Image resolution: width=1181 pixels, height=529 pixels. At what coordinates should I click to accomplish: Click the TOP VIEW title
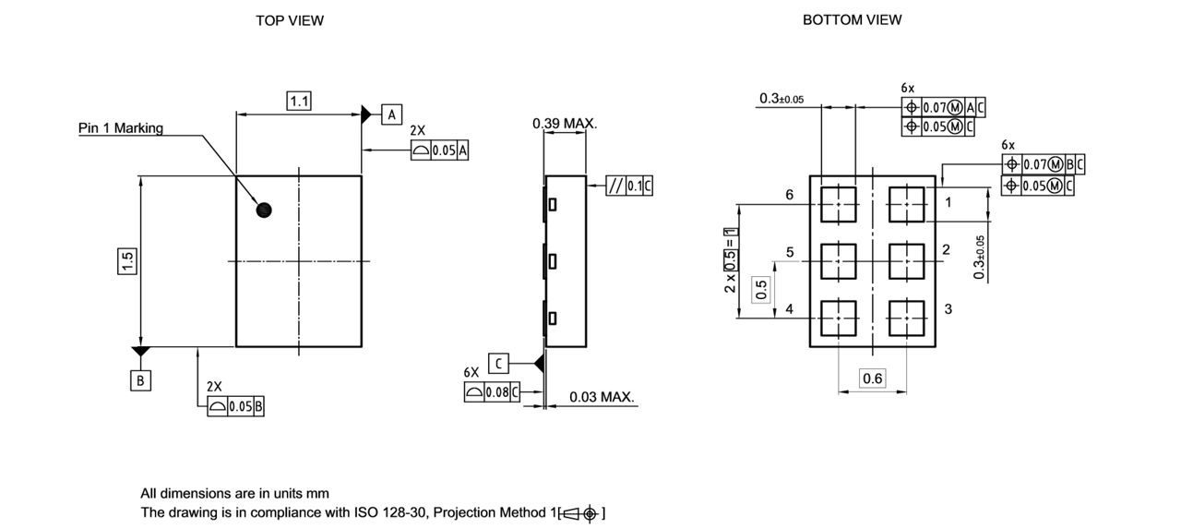point(290,20)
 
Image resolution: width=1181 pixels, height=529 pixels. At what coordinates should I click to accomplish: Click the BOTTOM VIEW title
point(852,19)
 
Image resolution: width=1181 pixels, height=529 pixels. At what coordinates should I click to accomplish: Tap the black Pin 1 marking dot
point(264,210)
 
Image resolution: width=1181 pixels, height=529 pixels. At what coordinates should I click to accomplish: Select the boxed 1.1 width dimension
point(299,102)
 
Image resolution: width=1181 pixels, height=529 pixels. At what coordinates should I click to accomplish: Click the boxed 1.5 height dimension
point(127,261)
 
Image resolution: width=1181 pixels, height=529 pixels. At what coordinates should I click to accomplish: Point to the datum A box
point(391,114)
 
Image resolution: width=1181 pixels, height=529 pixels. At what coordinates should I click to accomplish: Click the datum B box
point(140,379)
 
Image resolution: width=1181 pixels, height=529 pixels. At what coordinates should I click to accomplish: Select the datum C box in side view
point(498,364)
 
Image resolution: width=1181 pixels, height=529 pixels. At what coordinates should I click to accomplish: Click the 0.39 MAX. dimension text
point(565,124)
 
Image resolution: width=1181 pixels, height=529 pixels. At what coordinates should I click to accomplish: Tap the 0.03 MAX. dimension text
point(602,397)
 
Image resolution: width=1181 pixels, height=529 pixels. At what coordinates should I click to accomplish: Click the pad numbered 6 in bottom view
point(838,204)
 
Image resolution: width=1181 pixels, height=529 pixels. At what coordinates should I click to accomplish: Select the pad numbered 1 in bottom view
point(906,204)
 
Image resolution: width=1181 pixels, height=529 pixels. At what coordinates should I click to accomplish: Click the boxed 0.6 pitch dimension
point(872,379)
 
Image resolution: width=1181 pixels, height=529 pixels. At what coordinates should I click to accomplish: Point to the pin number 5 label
point(790,252)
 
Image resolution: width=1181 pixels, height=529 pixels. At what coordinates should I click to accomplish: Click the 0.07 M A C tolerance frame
point(943,107)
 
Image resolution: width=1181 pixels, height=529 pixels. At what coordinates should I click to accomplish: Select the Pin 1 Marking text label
point(120,128)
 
